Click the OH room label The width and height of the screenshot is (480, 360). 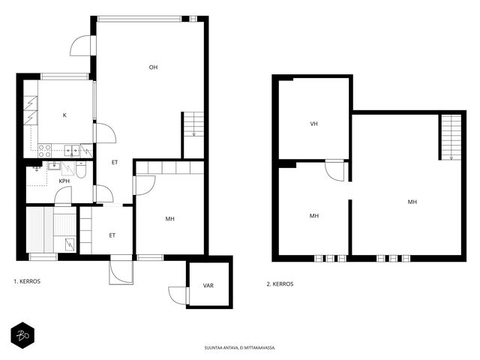click(x=153, y=67)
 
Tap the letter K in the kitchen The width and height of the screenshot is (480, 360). click(x=64, y=115)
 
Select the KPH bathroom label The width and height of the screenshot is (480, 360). click(x=64, y=181)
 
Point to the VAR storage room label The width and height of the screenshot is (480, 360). click(x=208, y=286)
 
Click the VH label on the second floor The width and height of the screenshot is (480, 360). click(x=313, y=124)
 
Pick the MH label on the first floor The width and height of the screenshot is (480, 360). click(x=170, y=219)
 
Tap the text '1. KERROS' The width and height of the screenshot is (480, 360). click(x=27, y=281)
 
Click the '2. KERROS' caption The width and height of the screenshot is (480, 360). click(x=280, y=284)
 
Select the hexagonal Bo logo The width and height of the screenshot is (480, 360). click(x=22, y=335)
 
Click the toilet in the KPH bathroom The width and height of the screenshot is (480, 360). click(x=81, y=170)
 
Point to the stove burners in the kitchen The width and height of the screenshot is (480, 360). click(x=45, y=151)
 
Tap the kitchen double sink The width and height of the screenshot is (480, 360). click(x=72, y=150)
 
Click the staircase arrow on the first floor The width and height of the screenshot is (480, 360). click(x=194, y=133)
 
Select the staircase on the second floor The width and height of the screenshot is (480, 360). click(x=451, y=137)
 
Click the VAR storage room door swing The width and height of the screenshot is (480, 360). click(x=178, y=295)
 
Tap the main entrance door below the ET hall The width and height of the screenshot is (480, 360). click(x=121, y=270)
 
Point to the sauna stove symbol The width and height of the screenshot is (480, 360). click(x=70, y=245)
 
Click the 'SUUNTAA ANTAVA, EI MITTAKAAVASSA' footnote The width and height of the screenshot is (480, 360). click(x=240, y=348)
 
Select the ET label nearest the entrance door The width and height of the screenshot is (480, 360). click(x=112, y=235)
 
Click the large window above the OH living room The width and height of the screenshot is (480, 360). click(x=139, y=19)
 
